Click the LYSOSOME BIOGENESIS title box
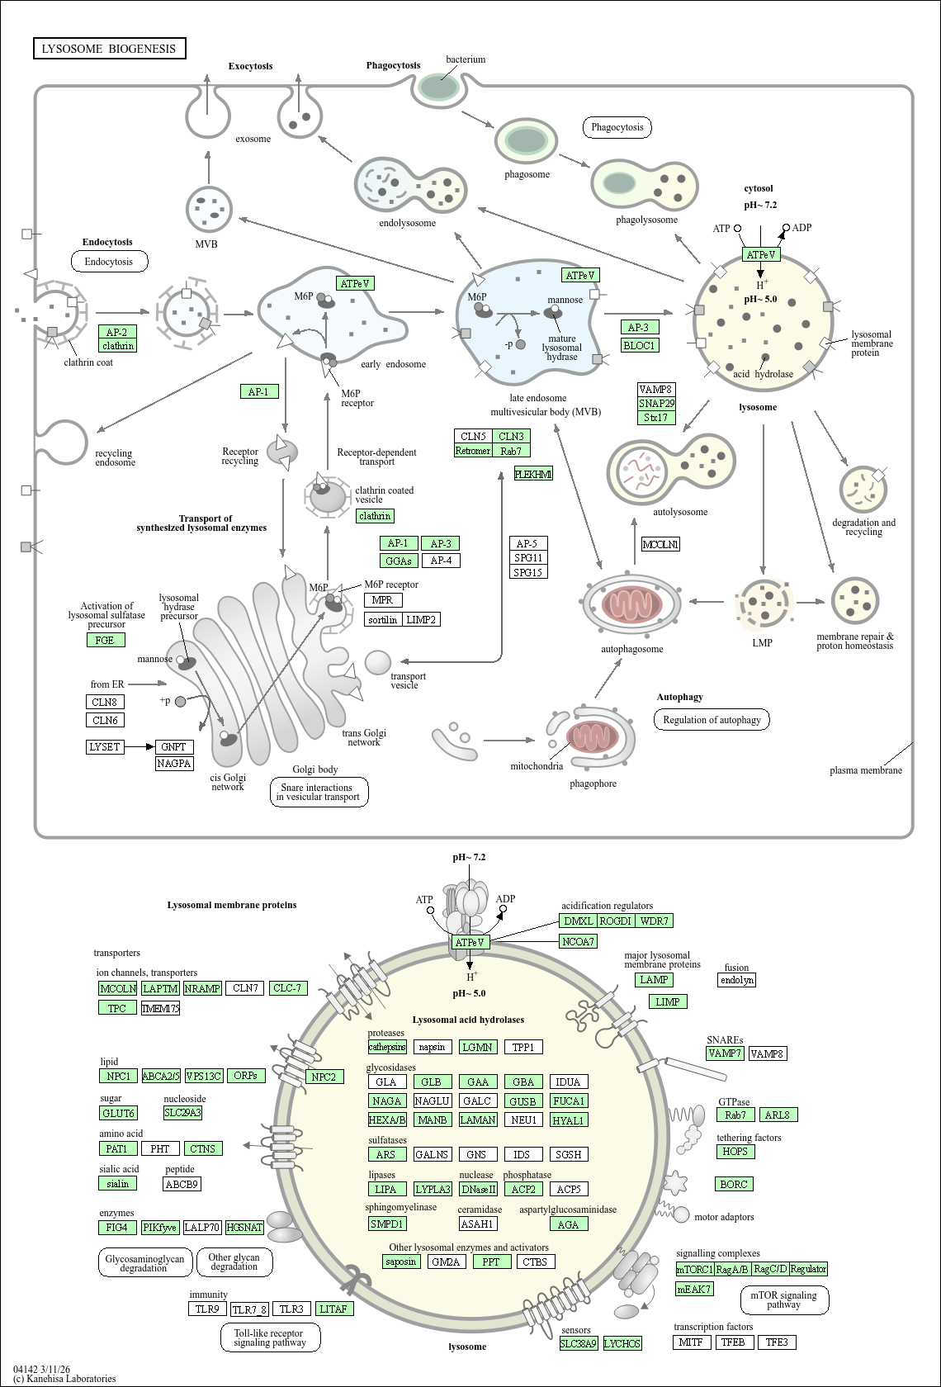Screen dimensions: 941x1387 point(110,48)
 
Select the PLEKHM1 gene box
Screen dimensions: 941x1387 point(533,474)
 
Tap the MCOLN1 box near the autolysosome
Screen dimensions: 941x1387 point(660,544)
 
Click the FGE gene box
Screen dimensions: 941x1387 point(106,640)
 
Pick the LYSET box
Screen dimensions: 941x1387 point(105,746)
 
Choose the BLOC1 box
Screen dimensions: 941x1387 point(640,345)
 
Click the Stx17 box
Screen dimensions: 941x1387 point(656,418)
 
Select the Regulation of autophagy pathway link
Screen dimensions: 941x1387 point(712,720)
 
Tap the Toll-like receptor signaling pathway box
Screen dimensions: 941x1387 point(271,1338)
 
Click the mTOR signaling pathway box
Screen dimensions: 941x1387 point(784,1299)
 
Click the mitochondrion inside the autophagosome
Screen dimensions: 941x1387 point(631,605)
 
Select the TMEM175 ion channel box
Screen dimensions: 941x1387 point(160,1008)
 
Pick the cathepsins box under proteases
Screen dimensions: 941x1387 point(388,1047)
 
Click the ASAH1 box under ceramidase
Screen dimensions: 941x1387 point(478,1224)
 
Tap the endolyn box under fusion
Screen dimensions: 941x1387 point(736,979)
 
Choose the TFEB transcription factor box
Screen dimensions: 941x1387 point(735,1342)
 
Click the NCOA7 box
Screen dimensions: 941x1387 point(578,942)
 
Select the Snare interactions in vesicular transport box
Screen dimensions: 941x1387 point(319,792)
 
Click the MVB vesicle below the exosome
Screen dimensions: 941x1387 point(210,210)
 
